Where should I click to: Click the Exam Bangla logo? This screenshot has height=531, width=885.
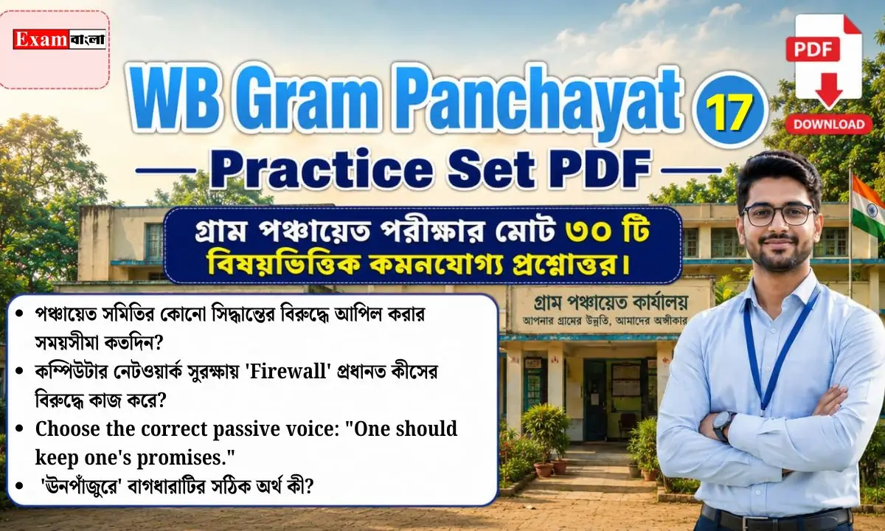pos(59,39)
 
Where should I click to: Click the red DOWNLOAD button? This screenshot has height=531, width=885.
pos(829,125)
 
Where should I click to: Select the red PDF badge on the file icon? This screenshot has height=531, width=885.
pos(813,49)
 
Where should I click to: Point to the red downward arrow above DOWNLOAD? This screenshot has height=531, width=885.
pos(828,90)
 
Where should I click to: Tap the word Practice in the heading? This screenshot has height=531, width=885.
pos(321,170)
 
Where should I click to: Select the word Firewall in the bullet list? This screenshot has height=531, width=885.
pos(291,373)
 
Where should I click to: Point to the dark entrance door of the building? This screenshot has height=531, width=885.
pos(594,400)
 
